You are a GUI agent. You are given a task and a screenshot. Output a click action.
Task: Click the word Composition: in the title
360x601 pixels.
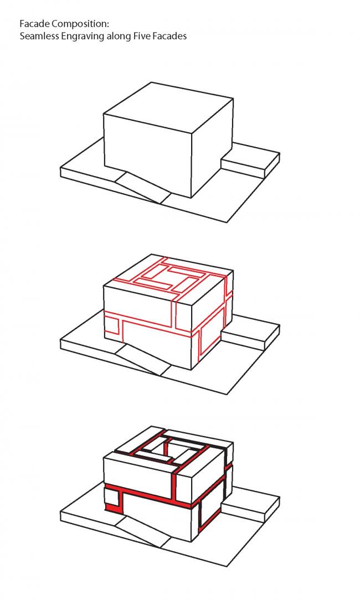(x=81, y=24)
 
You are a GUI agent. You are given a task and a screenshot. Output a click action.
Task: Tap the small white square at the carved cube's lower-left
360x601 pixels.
(x=111, y=498)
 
